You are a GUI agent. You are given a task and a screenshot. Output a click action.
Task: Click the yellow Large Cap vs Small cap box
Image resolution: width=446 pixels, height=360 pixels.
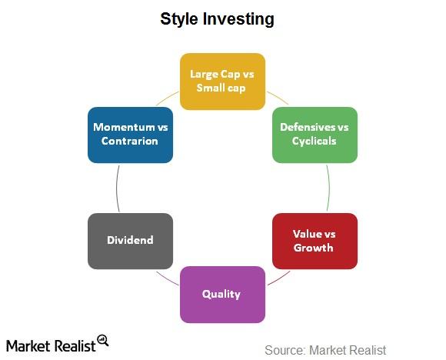(x=222, y=82)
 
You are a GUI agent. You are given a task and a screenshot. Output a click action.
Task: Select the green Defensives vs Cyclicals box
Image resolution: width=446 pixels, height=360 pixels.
(x=315, y=135)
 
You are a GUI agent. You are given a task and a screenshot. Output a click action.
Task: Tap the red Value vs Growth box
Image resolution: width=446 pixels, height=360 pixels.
(x=315, y=241)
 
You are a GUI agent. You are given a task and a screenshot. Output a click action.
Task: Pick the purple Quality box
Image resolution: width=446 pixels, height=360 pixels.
(x=222, y=295)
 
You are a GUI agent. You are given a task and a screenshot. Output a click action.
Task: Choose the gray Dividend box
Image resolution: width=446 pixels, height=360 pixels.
(x=130, y=241)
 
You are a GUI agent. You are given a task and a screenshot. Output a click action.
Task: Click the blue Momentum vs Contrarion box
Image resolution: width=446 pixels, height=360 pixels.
(x=130, y=135)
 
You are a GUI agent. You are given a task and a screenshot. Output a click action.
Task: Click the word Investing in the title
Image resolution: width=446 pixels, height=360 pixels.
(x=238, y=19)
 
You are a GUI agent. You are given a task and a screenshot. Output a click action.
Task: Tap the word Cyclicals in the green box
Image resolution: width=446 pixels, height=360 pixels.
(x=314, y=142)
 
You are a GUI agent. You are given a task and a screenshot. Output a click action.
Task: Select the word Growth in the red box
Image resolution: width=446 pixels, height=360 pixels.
(x=313, y=248)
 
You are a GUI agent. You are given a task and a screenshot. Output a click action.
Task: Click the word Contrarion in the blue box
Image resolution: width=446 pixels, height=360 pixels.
(x=130, y=141)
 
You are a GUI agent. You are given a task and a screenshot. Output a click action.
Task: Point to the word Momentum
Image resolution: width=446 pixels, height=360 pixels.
(x=124, y=127)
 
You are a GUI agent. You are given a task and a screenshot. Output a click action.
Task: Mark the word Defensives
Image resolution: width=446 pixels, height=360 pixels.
(x=308, y=127)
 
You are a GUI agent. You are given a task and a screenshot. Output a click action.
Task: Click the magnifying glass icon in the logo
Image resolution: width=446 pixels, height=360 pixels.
(x=103, y=340)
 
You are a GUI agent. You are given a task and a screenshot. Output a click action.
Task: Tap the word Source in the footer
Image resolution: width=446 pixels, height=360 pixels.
(x=285, y=350)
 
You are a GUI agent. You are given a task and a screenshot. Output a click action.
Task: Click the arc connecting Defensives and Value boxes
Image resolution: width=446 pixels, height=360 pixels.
(x=329, y=188)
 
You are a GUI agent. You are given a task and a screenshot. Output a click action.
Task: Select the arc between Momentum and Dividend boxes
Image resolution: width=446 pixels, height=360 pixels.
(x=117, y=188)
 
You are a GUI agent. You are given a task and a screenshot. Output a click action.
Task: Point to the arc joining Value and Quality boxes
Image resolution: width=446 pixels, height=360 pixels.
(x=279, y=278)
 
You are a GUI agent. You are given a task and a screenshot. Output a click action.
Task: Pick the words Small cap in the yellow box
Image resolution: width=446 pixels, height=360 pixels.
(x=221, y=88)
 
